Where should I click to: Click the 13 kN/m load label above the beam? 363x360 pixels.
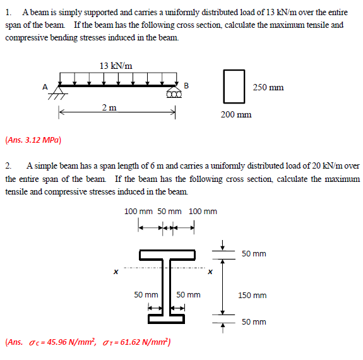(x=116, y=65)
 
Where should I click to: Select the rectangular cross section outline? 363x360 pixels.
(x=234, y=87)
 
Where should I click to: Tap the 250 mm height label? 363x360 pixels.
(x=268, y=87)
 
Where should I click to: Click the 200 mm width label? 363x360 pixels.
(x=235, y=114)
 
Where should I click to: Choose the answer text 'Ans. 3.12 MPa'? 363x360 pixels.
(x=33, y=140)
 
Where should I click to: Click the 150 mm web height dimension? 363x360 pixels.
(x=252, y=295)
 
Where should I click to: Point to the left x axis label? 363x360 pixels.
(x=115, y=272)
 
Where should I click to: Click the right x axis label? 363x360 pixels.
(x=210, y=272)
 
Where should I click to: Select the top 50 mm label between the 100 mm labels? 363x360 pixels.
(x=169, y=211)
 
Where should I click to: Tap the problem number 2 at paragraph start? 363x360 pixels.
(x=8, y=165)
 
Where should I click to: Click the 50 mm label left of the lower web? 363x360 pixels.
(x=146, y=294)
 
